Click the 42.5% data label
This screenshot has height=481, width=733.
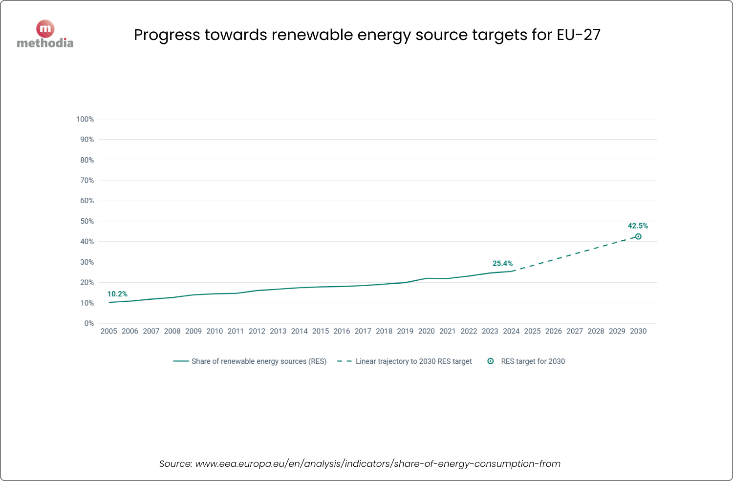click(x=638, y=226)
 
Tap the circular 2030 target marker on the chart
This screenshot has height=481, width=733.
click(x=638, y=236)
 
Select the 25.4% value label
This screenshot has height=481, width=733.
click(x=502, y=263)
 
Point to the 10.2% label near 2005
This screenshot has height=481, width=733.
click(x=117, y=294)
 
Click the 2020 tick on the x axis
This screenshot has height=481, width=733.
click(x=426, y=331)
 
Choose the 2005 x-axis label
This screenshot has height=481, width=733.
click(x=108, y=331)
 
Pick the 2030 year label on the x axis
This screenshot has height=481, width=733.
click(x=638, y=331)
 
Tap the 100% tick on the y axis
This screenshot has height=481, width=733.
click(x=85, y=119)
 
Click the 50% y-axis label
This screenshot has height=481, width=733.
click(x=87, y=221)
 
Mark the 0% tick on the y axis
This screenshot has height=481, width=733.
click(x=89, y=323)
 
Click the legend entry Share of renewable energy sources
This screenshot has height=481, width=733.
click(x=259, y=361)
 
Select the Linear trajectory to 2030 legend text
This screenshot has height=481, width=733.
click(x=413, y=361)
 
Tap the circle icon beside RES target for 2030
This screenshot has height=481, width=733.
click(x=491, y=361)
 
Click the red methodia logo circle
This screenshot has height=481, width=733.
click(x=45, y=29)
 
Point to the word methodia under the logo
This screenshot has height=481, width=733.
click(x=45, y=43)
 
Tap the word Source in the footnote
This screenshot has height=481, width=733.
click(x=175, y=463)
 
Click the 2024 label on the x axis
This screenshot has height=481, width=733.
click(x=511, y=331)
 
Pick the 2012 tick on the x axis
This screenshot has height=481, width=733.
click(x=257, y=331)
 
